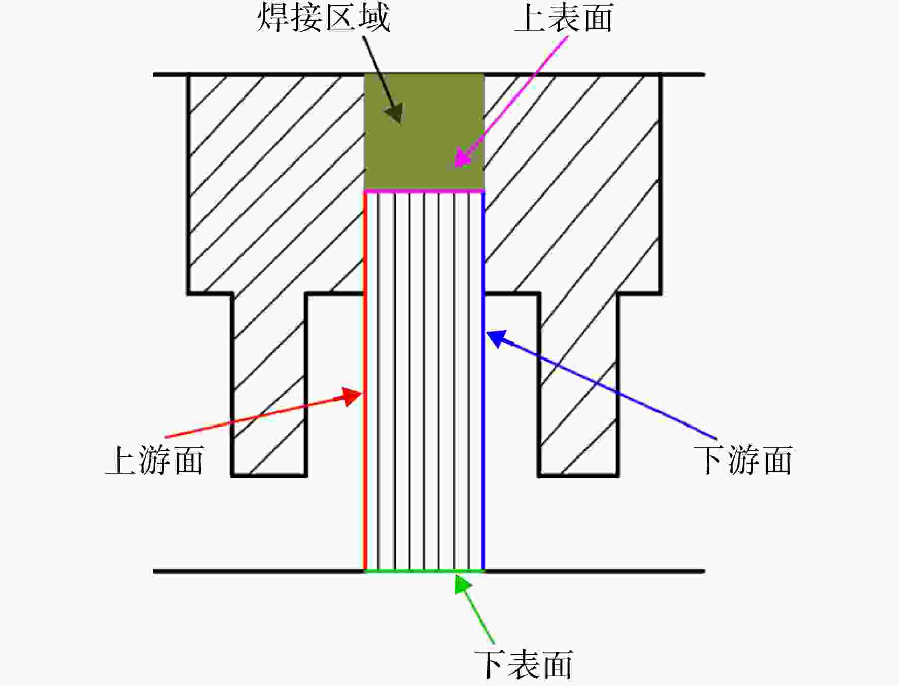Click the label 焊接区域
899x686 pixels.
(324, 18)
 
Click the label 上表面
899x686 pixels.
(564, 18)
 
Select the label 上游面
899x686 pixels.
(155, 461)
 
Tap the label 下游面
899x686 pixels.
(743, 461)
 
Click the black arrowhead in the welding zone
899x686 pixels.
(395, 113)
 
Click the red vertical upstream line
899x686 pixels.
(365, 381)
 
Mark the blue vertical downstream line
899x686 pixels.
(483, 381)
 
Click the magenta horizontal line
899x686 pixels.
(424, 191)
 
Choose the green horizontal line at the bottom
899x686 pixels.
(424, 571)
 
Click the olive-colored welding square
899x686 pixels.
(424, 132)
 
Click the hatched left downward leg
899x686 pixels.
(269, 385)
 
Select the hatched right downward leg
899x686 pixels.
(578, 385)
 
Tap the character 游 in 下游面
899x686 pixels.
(743, 461)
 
